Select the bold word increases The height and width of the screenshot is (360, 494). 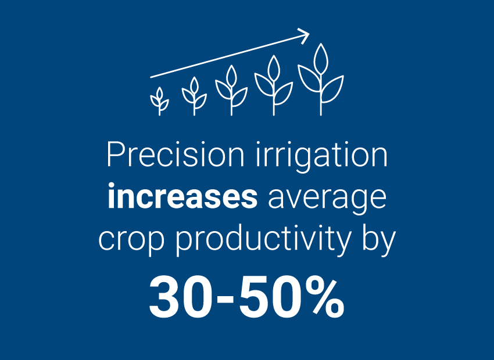(182, 198)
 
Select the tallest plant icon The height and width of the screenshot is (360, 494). (320, 78)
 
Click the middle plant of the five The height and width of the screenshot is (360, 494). (231, 90)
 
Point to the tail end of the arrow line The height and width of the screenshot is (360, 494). (151, 77)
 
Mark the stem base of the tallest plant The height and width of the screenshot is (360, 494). (320, 113)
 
